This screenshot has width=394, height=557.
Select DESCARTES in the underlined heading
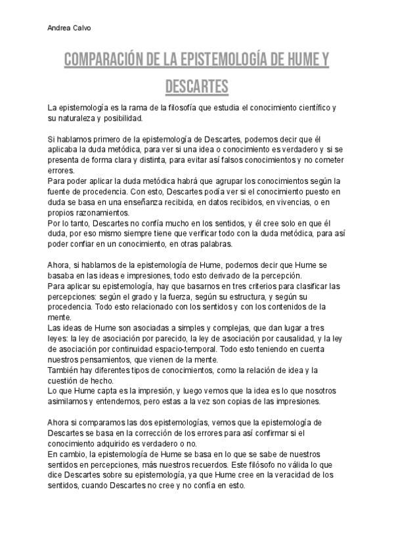(x=196, y=87)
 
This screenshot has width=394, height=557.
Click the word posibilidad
(x=121, y=118)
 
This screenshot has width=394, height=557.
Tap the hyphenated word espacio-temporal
(x=178, y=349)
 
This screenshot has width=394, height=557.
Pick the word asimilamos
(x=69, y=402)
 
